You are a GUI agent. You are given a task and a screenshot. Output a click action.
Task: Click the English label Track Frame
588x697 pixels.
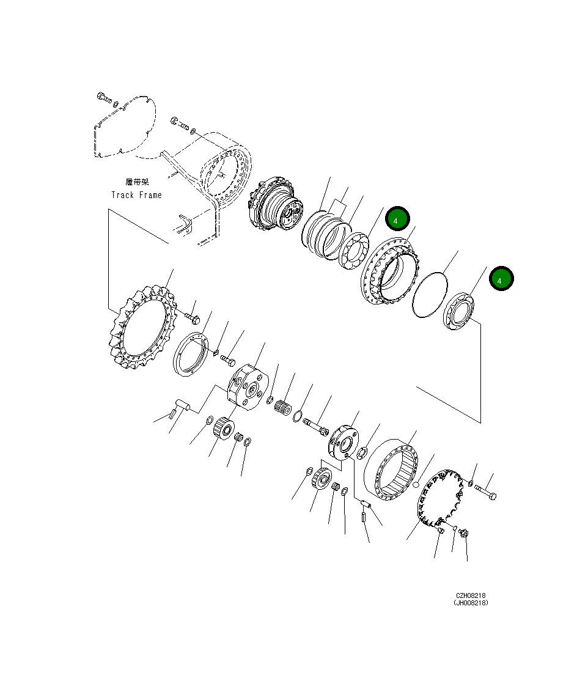[136, 195]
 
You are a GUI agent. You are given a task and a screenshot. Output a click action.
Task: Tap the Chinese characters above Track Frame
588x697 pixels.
[137, 182]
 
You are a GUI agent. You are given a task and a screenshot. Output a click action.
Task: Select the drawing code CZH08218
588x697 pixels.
[471, 596]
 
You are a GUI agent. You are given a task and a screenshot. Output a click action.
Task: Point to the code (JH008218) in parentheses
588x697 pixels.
[471, 603]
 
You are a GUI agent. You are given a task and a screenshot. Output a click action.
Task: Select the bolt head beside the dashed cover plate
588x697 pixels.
[101, 96]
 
